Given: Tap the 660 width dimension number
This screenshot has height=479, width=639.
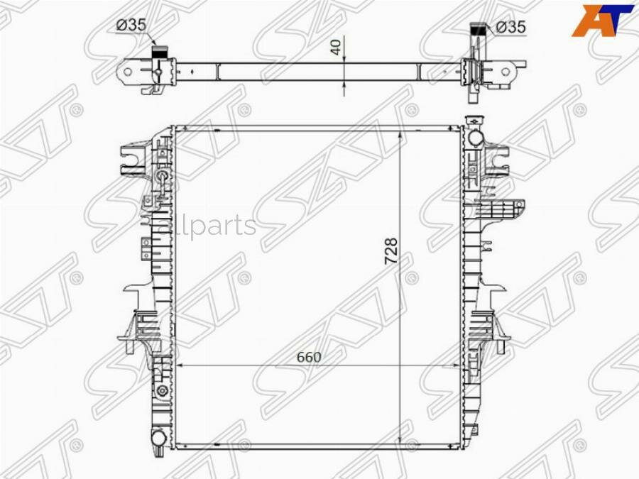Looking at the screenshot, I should pyautogui.click(x=309, y=357).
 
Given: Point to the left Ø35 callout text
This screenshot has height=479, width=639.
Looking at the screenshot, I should pyautogui.click(x=131, y=25).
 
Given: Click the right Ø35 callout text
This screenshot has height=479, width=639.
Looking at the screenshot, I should pyautogui.click(x=510, y=27).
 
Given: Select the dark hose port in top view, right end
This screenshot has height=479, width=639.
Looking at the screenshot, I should pyautogui.click(x=479, y=30).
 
